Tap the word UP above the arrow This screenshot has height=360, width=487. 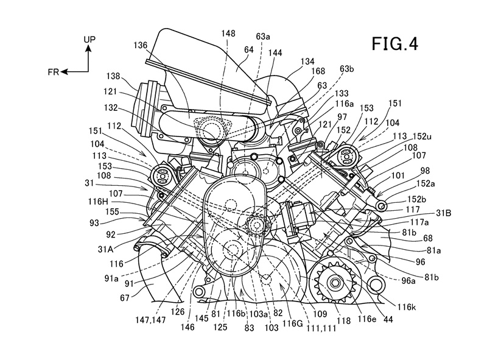pos(89,38)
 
